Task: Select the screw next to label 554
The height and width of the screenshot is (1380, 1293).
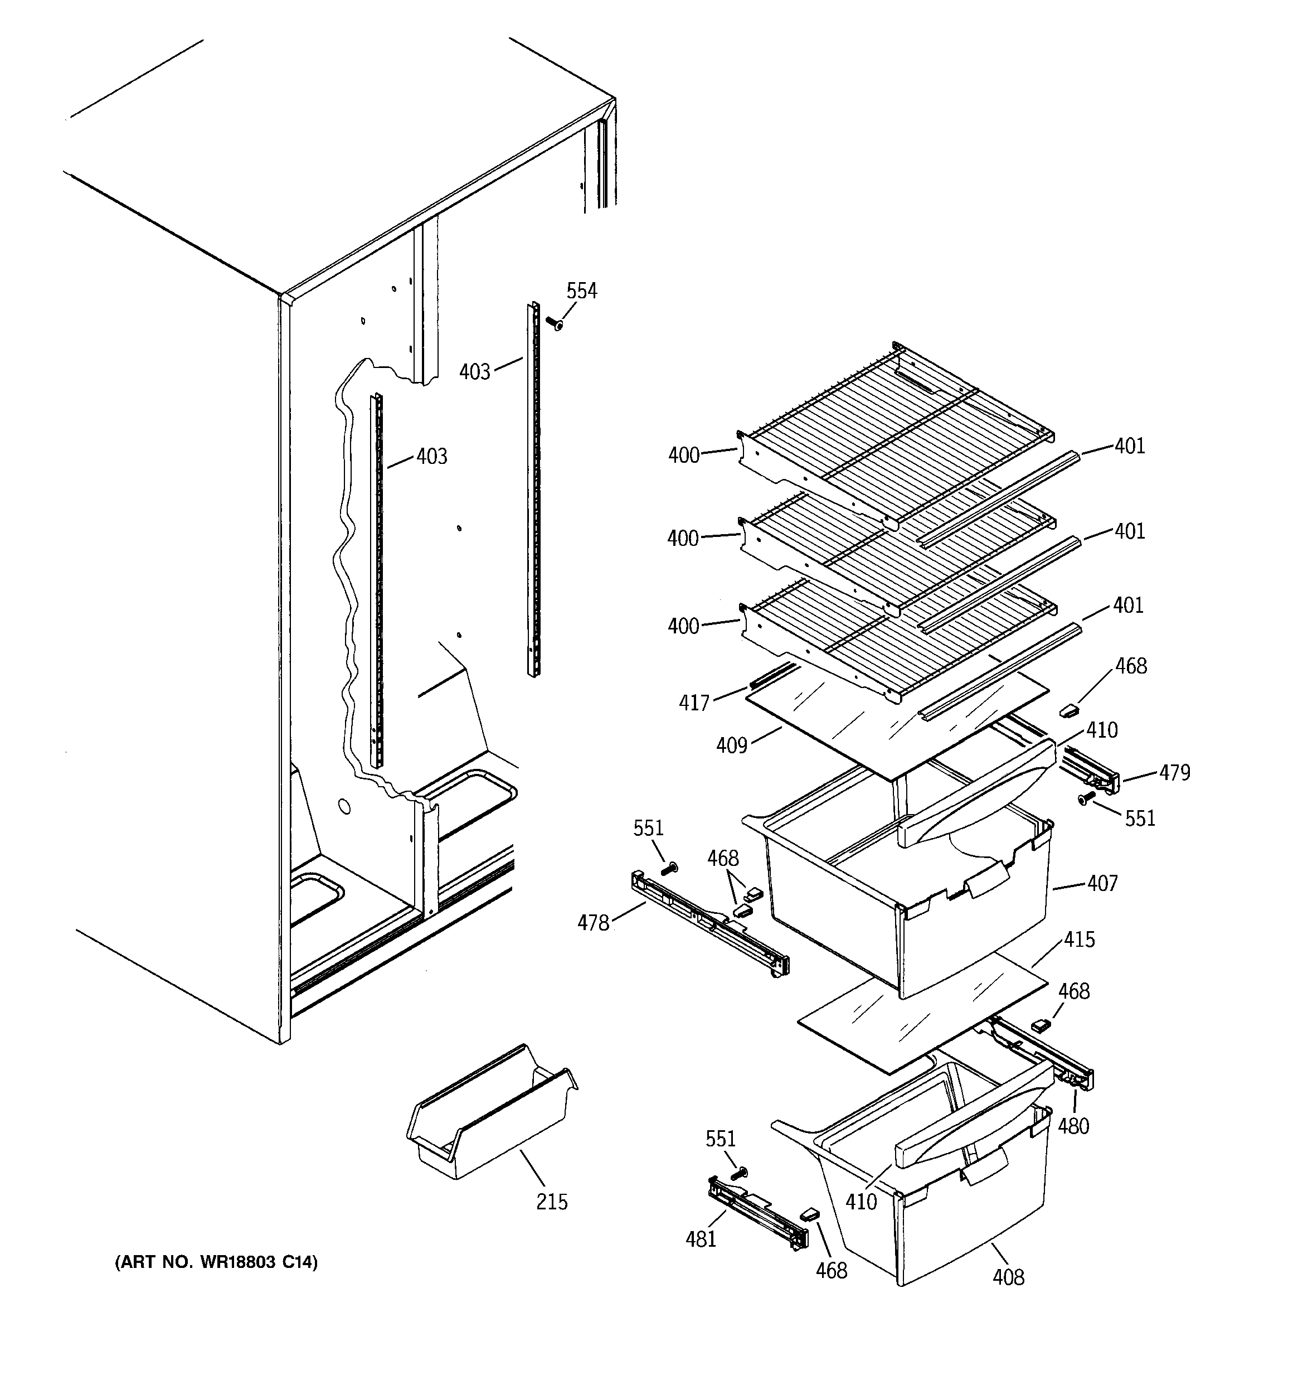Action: pos(554,323)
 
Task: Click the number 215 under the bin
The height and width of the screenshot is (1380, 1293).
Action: pos(552,1202)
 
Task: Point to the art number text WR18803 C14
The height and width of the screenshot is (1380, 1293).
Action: pos(216,1262)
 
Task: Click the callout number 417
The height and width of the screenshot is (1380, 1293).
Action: pos(694,703)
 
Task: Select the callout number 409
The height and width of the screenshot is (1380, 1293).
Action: pos(732,745)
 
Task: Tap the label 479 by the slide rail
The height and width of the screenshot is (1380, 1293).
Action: pos(1174,773)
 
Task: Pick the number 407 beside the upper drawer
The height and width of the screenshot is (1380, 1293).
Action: pos(1103,884)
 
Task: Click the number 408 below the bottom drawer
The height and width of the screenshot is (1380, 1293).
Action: pos(1008,1277)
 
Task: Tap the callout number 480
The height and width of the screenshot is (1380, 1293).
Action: pos(1073,1126)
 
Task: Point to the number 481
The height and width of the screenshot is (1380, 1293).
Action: pos(701,1239)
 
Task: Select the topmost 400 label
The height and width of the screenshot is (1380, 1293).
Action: pos(684,456)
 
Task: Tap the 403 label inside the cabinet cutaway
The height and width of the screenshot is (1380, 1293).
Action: pos(432,456)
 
